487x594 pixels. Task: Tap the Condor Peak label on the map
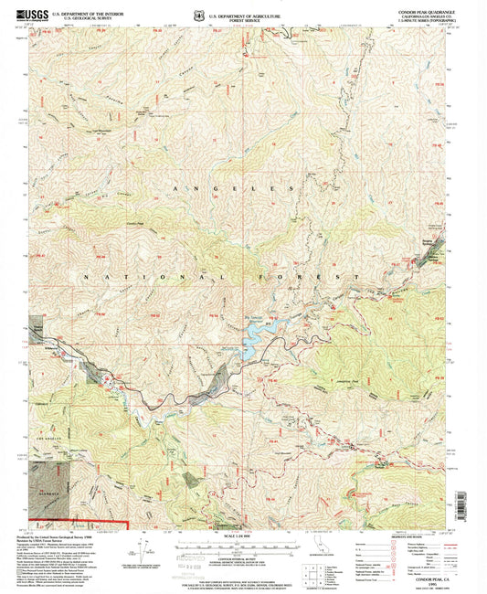coord(136,223)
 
